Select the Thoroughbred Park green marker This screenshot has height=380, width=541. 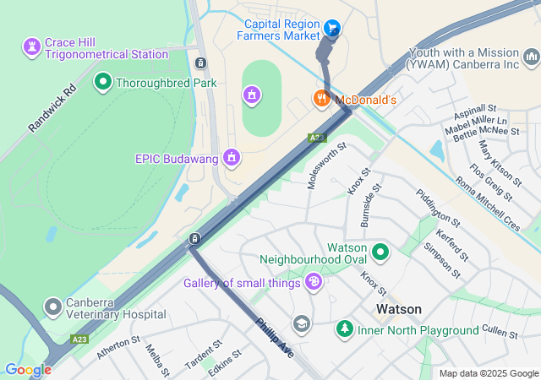[x=103, y=82]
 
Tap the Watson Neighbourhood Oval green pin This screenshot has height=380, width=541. [x=380, y=251]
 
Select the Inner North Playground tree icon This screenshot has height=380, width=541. [x=344, y=328]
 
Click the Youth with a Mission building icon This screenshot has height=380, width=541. [x=531, y=57]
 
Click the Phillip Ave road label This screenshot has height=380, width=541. [x=276, y=336]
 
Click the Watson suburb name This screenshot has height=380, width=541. [x=399, y=309]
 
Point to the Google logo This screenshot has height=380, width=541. [x=27, y=370]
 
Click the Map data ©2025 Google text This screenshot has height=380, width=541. [x=489, y=373]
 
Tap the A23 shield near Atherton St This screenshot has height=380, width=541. [x=79, y=339]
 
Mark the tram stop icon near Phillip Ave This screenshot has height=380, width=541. [x=194, y=239]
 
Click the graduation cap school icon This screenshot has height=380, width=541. [x=302, y=323]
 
